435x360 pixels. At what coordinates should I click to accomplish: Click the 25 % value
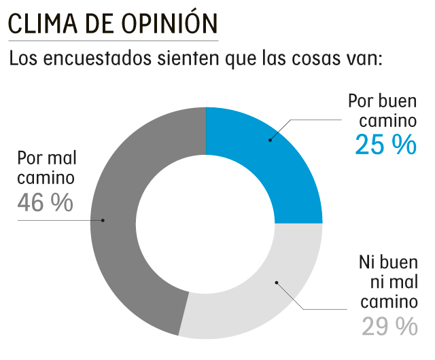coord(385,145)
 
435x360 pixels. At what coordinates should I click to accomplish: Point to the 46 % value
coord(45,202)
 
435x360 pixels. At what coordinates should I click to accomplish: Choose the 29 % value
coord(389,326)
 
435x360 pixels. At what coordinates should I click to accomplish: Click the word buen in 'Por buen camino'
coord(399,101)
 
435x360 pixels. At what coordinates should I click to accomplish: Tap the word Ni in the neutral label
coord(367,262)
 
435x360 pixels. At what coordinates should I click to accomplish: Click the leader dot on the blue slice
coord(270,141)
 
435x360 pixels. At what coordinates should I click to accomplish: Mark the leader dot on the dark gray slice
coord(103,220)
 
